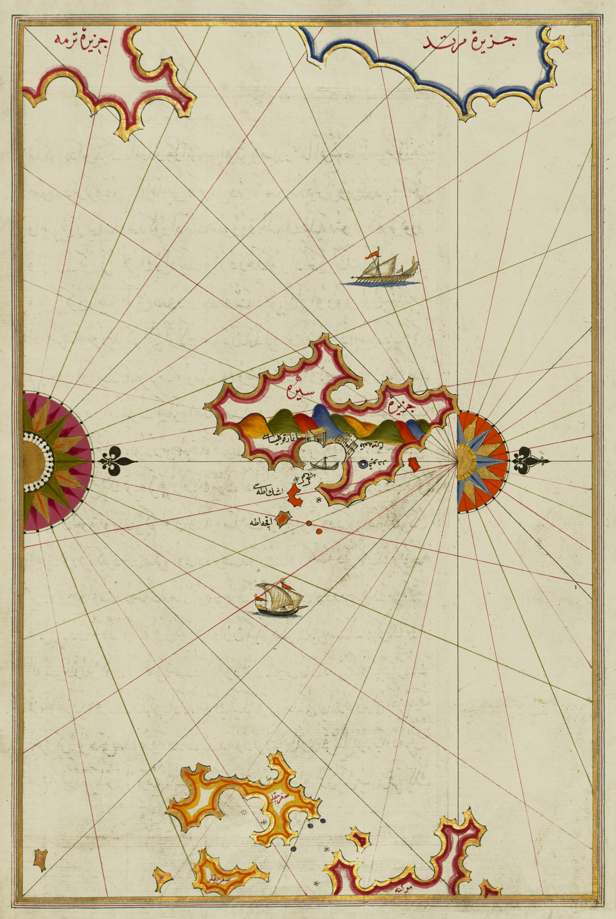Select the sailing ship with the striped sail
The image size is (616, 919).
click(x=280, y=599)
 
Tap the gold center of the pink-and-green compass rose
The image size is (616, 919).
click(x=35, y=462)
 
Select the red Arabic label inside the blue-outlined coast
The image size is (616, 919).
click(x=470, y=42)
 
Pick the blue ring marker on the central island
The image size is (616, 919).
click(x=364, y=464)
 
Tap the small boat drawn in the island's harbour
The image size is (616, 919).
click(x=324, y=464)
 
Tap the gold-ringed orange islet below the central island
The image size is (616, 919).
click(x=282, y=520)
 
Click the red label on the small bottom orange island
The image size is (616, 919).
click(x=219, y=878)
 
